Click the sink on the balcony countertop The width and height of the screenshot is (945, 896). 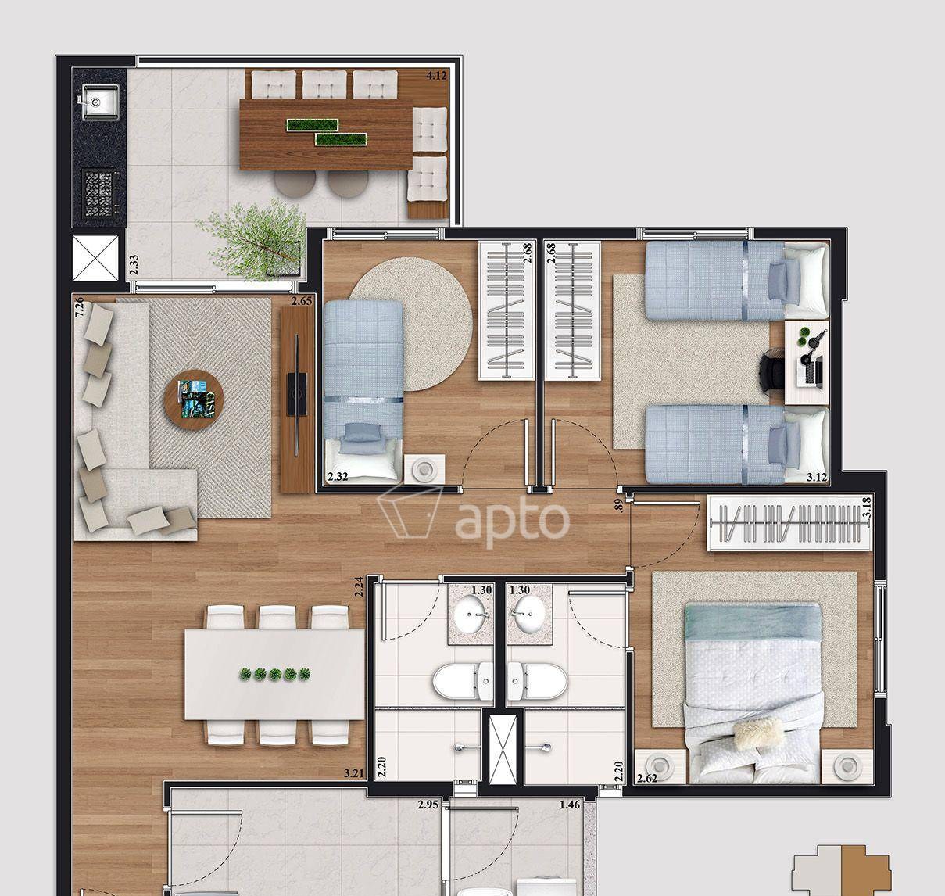tap(100, 102)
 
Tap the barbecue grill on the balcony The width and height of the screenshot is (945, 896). tap(99, 192)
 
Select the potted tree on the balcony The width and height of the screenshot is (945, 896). tap(255, 241)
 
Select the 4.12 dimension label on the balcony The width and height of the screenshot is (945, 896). tap(436, 76)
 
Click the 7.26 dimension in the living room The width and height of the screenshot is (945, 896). tap(80, 306)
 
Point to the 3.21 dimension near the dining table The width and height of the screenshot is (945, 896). tap(354, 774)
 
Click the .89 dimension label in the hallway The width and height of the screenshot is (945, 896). tap(618, 506)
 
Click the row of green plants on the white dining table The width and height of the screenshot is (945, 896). tap(275, 674)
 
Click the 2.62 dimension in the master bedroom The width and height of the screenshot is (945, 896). tap(647, 778)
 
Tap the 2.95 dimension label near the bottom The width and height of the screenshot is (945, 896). tap(428, 805)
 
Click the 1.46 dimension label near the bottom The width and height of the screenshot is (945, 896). tap(570, 805)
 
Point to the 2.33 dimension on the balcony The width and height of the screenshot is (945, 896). tap(134, 265)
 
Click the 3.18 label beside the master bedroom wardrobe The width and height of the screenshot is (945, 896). tap(867, 507)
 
